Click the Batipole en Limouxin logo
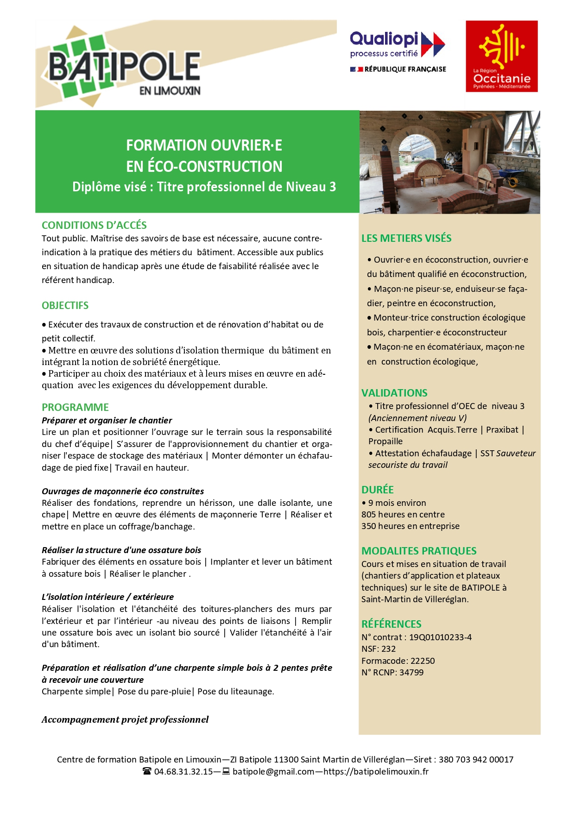(x=124, y=69)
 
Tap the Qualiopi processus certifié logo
(x=398, y=51)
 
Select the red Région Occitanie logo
(x=502, y=56)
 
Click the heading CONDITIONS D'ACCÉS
(x=94, y=226)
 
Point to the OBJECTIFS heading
(x=65, y=306)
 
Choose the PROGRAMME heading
(x=75, y=408)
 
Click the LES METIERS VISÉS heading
(x=406, y=239)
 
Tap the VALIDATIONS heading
(x=394, y=393)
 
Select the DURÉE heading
(x=377, y=490)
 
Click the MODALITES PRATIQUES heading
(x=419, y=551)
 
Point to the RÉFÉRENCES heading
(x=392, y=624)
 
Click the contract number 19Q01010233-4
(x=440, y=637)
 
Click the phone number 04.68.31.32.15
(x=183, y=772)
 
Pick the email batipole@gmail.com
(x=273, y=772)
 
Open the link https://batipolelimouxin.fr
(x=376, y=772)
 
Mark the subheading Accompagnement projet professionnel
(x=125, y=720)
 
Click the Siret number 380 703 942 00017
(x=476, y=760)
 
